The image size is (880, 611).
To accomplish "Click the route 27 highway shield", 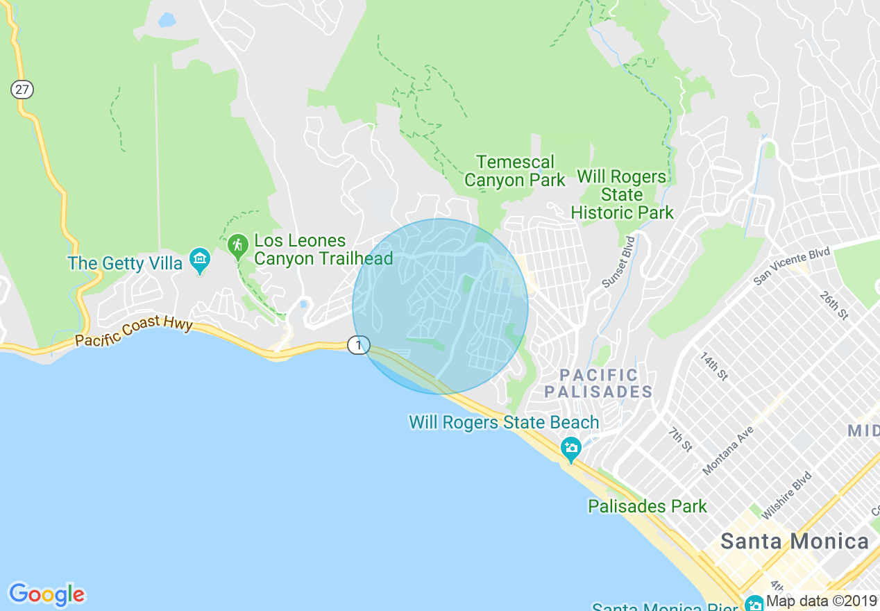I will click(22, 90).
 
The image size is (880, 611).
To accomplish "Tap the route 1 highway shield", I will click(358, 344).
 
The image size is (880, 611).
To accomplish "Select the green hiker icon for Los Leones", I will click(237, 244).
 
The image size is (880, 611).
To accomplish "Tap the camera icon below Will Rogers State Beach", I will click(571, 449).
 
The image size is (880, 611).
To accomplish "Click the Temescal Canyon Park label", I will click(514, 171).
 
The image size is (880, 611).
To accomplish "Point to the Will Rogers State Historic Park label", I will click(622, 195).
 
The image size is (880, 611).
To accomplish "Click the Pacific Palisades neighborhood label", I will click(598, 383).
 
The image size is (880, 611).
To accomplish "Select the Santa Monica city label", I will click(794, 541).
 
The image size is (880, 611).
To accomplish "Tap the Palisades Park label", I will click(647, 506).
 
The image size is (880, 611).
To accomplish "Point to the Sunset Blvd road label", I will click(619, 262).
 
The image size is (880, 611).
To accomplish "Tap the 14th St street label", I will click(713, 366).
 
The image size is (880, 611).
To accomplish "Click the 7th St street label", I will click(680, 440).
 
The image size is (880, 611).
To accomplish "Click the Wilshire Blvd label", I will click(786, 496).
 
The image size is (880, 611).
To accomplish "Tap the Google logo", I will click(46, 594).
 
